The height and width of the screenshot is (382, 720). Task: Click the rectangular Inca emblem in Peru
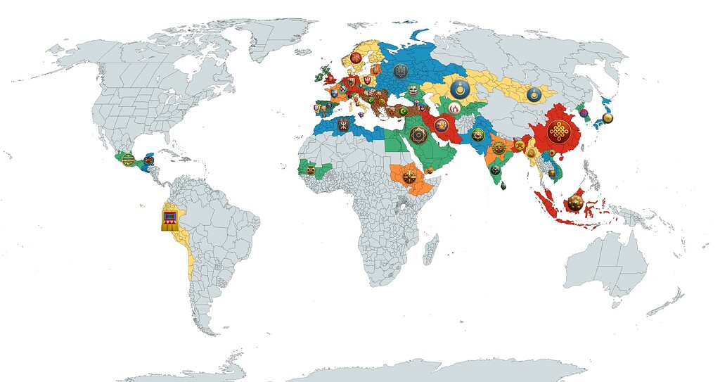169,218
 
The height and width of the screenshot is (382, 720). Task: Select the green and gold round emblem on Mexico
128,160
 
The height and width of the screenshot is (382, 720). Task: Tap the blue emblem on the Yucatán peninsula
148,161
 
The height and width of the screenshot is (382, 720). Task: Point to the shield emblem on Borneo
575,204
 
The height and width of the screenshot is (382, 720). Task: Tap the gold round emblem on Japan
607,118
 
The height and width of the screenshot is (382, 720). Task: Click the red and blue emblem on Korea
581,110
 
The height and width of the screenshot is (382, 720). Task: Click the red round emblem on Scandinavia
356,57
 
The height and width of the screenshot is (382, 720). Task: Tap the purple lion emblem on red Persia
442,126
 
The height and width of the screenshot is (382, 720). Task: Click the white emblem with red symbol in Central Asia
455,108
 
